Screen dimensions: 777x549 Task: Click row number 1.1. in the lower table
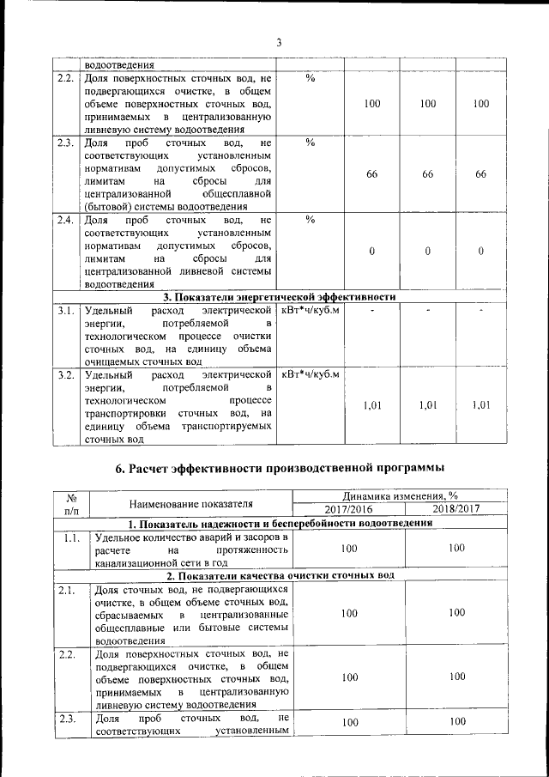[x=71, y=538]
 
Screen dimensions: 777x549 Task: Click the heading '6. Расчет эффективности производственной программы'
[x=280, y=468]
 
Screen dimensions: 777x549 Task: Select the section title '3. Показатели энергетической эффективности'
[x=280, y=297]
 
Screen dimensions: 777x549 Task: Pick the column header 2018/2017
[x=455, y=509]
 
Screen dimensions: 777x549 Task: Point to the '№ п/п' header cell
[x=71, y=503]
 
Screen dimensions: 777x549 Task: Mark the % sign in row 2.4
[x=310, y=221]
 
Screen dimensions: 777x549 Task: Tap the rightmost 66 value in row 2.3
[x=480, y=174]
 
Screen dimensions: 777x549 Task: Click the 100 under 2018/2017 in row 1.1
[x=455, y=547]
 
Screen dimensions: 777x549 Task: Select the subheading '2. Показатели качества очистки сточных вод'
[x=280, y=575]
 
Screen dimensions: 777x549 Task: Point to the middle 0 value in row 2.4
[x=426, y=251]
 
